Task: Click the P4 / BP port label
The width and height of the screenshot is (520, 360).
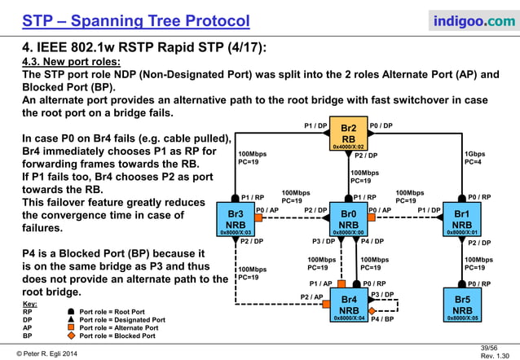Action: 383,320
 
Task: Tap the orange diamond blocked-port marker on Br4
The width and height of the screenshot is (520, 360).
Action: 372,310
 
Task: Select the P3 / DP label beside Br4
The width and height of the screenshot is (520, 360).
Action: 382,294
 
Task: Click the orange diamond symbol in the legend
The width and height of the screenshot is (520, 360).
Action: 71,336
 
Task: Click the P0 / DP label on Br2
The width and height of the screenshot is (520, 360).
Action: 381,125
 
